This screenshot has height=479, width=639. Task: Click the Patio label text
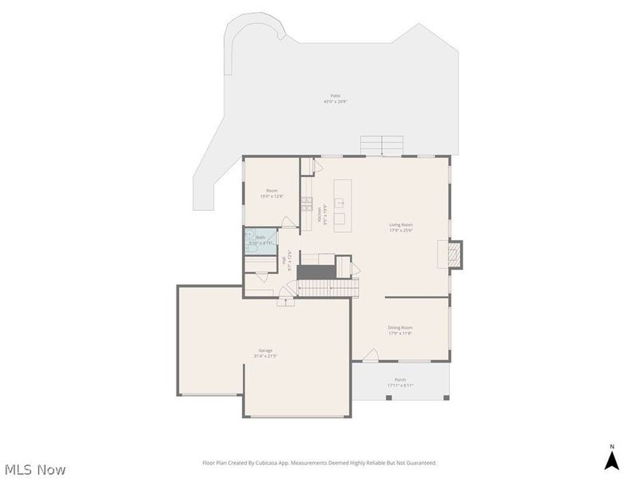pyautogui.click(x=335, y=96)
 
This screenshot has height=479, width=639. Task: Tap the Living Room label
pyautogui.click(x=400, y=225)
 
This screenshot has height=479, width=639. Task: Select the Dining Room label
pyautogui.click(x=400, y=327)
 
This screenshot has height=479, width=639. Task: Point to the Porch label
pyautogui.click(x=400, y=379)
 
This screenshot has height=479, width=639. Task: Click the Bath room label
pyautogui.click(x=260, y=237)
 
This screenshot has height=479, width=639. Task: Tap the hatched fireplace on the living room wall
pyautogui.click(x=454, y=253)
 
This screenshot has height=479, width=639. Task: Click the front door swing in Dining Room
pyautogui.click(x=371, y=354)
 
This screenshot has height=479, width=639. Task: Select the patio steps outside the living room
pyautogui.click(x=382, y=146)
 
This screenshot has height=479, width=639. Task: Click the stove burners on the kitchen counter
pyautogui.click(x=306, y=207)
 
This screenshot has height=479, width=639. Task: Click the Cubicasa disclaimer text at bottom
pyautogui.click(x=319, y=463)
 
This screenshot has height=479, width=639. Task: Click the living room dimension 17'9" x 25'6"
pyautogui.click(x=400, y=231)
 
